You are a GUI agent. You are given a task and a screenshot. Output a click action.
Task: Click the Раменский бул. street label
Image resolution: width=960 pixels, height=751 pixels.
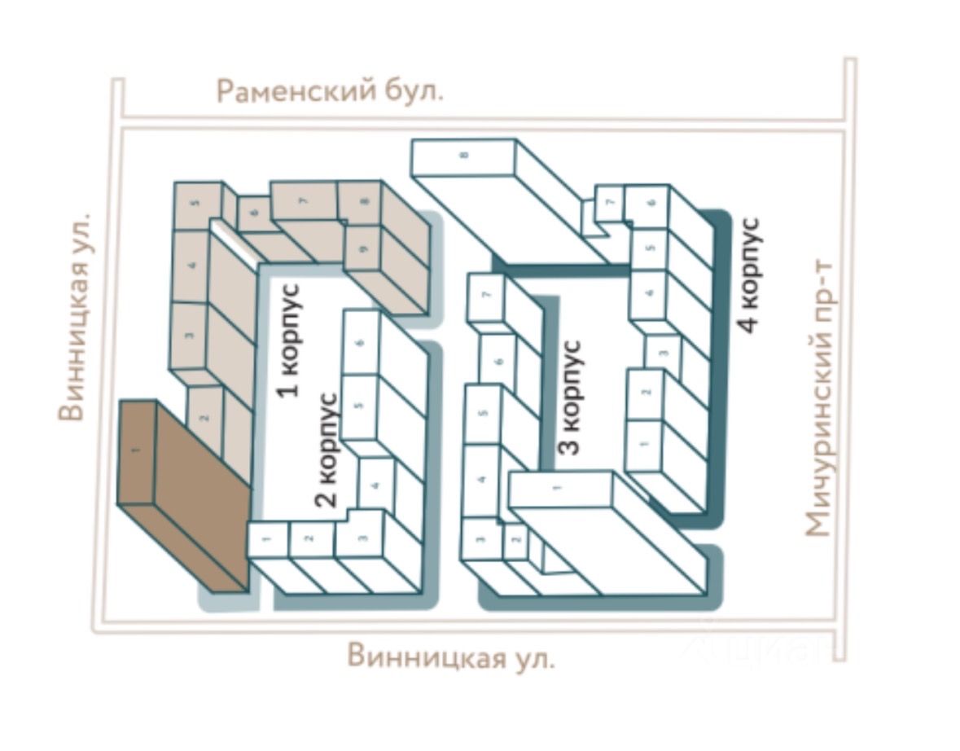pos(330,90)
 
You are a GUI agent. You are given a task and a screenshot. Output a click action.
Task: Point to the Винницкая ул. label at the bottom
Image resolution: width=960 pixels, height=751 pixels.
pos(451,656)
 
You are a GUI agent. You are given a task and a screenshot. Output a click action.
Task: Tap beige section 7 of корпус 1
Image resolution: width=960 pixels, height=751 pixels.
pos(303,200)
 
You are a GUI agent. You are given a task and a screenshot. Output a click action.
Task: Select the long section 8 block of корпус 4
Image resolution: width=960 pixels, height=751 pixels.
pos(464,156)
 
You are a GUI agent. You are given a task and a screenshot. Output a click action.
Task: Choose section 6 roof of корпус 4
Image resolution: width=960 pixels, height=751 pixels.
pos(651,204)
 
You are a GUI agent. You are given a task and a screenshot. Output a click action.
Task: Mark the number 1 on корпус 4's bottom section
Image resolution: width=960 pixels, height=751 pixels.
pos(644,444)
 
